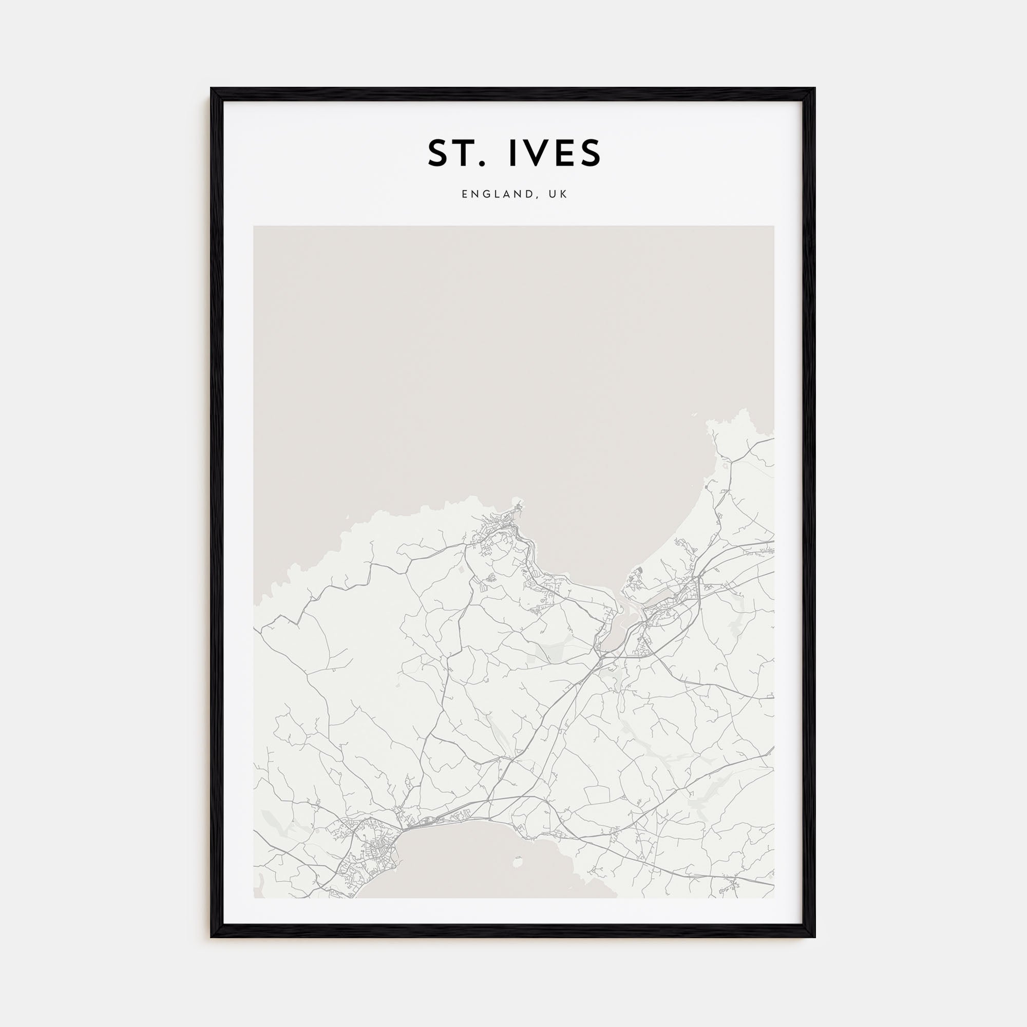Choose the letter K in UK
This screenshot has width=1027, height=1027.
564,195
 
